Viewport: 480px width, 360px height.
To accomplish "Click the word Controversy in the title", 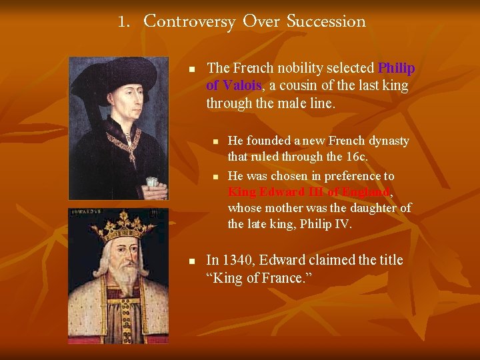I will pos(189,21).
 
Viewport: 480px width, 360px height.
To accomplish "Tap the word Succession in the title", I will pos(326,21).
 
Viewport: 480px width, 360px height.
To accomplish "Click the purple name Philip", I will pos(396,68).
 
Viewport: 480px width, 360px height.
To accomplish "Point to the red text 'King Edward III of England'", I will pos(309,192).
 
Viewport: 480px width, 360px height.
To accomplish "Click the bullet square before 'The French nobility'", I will pos(191,69).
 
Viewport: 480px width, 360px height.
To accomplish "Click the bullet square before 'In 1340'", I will pos(191,261).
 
